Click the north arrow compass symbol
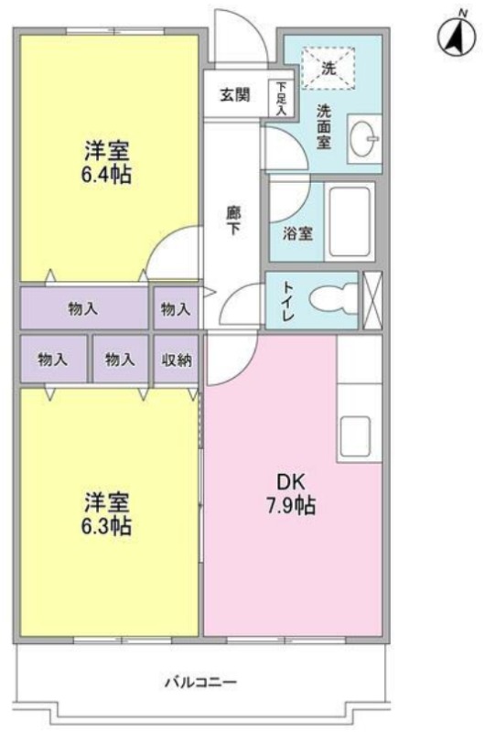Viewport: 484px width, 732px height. tap(457, 36)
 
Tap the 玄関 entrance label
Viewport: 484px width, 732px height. tap(235, 95)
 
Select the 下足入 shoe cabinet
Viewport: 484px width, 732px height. tap(281, 98)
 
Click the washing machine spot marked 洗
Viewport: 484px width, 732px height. tap(328, 68)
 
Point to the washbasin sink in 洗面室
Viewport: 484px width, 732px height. tap(364, 139)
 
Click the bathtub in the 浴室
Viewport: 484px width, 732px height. tap(350, 221)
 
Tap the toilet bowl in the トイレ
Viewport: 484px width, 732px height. tap(333, 299)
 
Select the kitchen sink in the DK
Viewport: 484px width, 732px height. tap(355, 436)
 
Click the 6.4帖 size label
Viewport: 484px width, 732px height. tap(106, 175)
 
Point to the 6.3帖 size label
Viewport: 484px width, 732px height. tap(106, 526)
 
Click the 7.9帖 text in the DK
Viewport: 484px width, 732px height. tap(291, 506)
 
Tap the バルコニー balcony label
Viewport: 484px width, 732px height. tap(200, 682)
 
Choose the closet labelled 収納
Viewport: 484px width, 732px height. tap(177, 359)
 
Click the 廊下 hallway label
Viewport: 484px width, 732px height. tap(233, 221)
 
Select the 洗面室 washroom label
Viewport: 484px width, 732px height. tap(324, 126)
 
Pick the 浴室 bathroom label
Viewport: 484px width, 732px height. tap(297, 233)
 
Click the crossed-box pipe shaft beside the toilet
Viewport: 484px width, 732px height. tap(372, 300)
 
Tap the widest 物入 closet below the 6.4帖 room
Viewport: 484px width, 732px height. tap(84, 308)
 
